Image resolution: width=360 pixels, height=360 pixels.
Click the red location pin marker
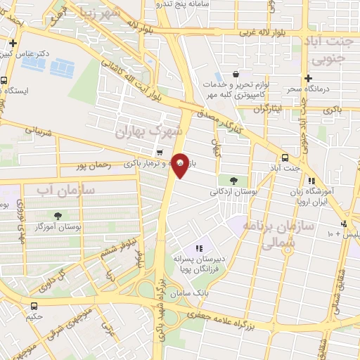pyautogui.click(x=180, y=165)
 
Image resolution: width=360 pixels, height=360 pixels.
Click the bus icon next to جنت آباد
pyautogui.click(x=285, y=158)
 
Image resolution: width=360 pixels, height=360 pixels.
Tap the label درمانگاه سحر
pyautogui.click(x=307, y=90)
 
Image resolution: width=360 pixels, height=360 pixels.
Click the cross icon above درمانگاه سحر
pyautogui.click(x=308, y=78)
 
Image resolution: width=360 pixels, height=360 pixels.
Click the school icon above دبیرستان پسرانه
pyautogui.click(x=199, y=248)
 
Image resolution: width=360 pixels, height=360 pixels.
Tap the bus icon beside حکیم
pyautogui.click(x=34, y=306)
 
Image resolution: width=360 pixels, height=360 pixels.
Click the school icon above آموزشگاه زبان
pyautogui.click(x=311, y=181)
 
